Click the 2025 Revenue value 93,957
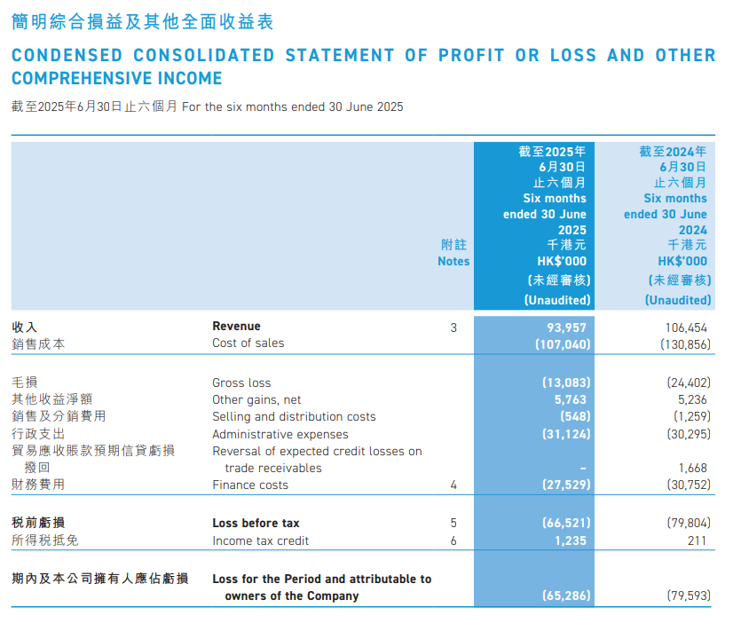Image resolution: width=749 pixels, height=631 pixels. pos(566,327)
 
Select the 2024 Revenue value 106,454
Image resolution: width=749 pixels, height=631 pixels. pos(686,327)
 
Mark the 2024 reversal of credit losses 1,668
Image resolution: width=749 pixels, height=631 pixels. pos(693,468)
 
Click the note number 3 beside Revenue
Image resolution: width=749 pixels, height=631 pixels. pos(453,327)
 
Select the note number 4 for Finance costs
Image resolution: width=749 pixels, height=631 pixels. pos(453,485)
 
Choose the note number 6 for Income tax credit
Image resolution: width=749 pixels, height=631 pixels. pos(453,540)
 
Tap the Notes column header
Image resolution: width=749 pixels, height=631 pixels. pos(453,261)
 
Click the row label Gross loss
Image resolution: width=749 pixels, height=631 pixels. pos(241,383)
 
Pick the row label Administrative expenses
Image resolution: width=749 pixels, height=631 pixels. pos(280,435)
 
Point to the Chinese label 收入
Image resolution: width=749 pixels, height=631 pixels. pos(25,327)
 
